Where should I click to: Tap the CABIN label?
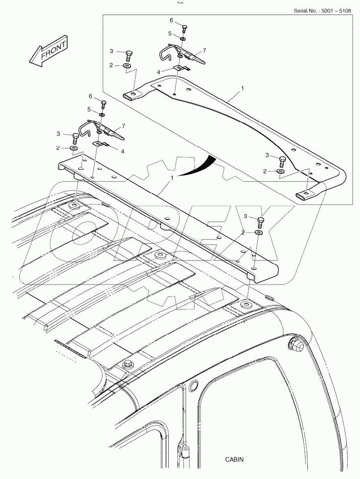(234, 459)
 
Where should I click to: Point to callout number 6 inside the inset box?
(171, 21)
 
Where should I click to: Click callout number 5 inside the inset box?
(170, 34)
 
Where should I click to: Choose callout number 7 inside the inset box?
(204, 50)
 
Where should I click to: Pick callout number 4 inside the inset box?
(159, 72)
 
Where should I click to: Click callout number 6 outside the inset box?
(90, 96)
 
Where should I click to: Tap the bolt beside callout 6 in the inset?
(184, 29)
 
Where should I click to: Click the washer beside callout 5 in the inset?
(183, 39)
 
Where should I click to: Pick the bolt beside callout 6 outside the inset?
(103, 104)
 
